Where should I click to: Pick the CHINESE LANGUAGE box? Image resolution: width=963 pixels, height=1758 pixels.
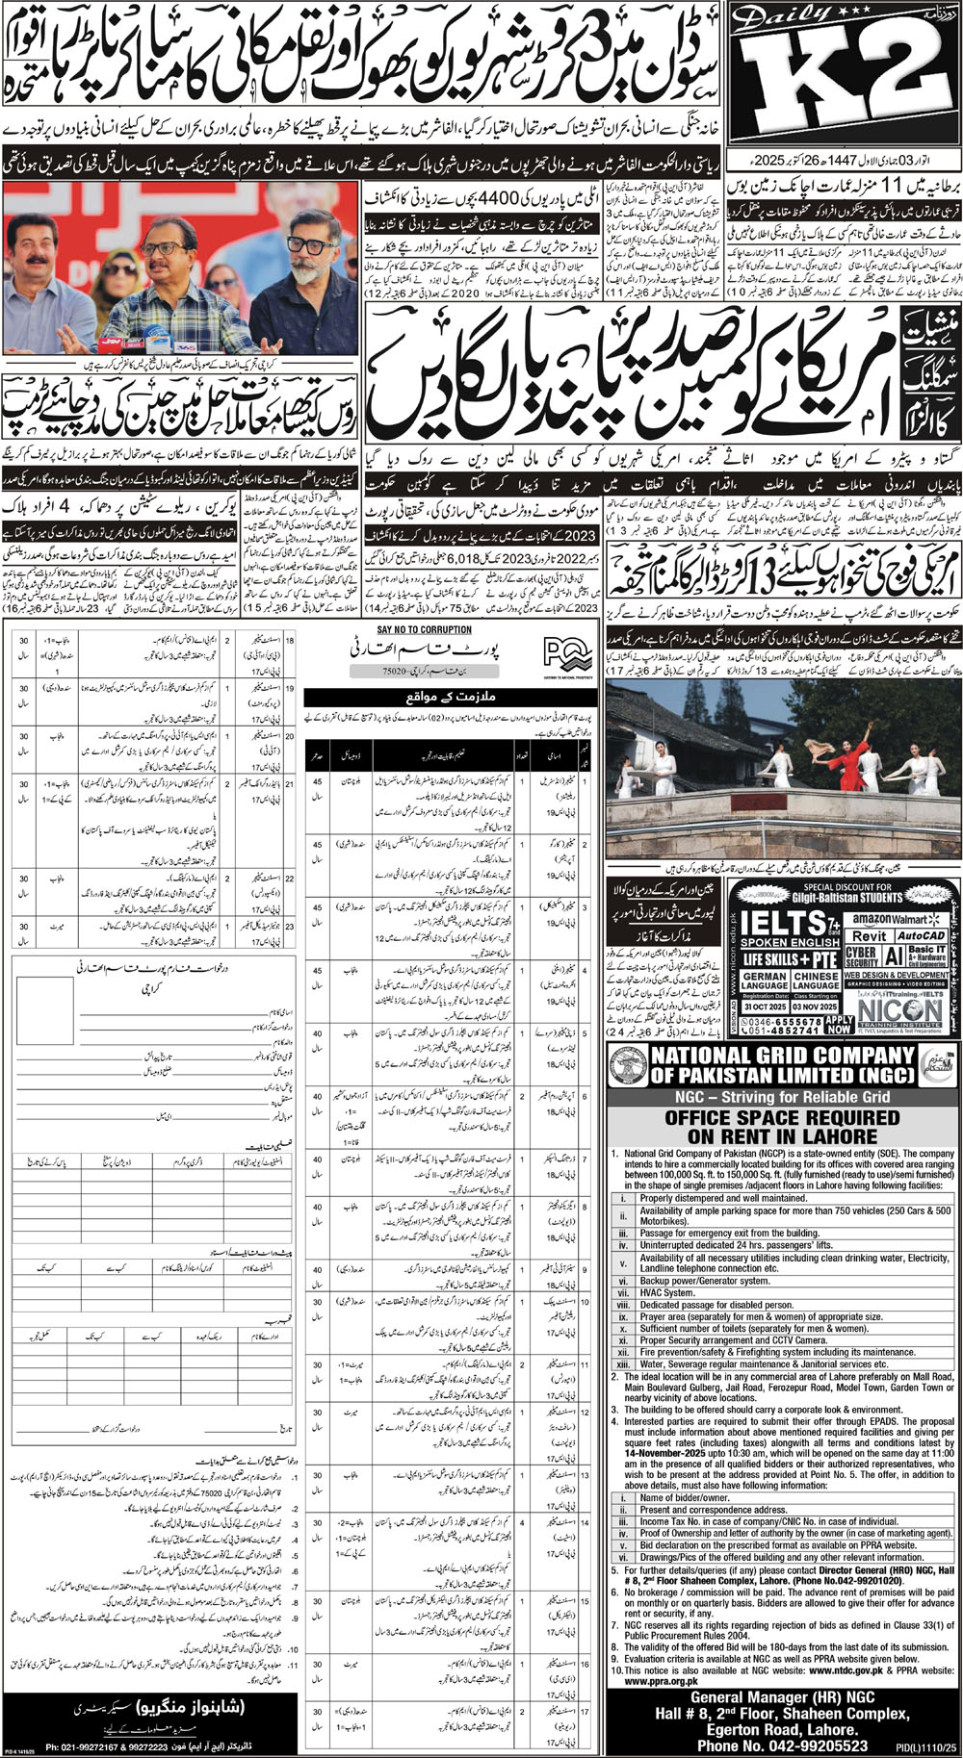tap(815, 981)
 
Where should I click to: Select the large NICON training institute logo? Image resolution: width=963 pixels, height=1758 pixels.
tap(900, 1009)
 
